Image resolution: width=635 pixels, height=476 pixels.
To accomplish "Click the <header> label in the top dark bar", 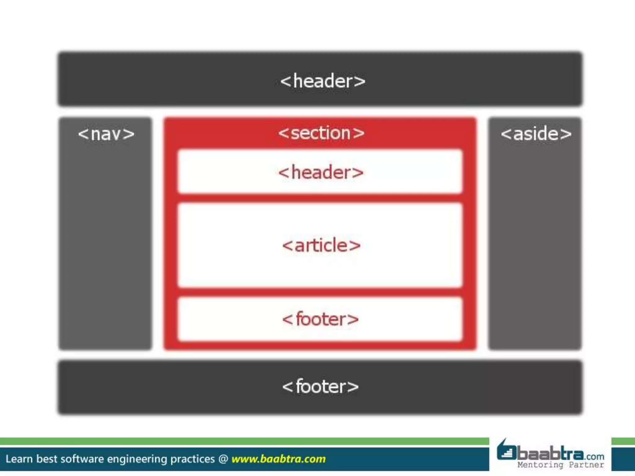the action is pos(323,81).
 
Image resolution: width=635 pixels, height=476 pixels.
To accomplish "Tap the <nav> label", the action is pos(106,134).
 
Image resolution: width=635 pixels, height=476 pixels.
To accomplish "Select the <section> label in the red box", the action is pos(321,133).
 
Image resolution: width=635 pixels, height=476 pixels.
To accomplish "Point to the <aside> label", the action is pos(536,134).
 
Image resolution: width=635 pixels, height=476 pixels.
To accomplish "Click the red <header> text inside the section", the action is pos(321,172).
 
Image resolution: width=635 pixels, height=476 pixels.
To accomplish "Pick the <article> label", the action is pos(322,245).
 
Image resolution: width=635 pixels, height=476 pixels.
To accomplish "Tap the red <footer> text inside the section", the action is pos(320,319).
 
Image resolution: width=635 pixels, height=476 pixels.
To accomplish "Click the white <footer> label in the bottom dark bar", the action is pos(320,387).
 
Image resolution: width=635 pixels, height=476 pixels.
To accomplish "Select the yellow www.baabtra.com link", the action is pos(278,459).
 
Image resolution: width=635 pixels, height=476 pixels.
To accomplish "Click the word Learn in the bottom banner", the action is pos(19,459).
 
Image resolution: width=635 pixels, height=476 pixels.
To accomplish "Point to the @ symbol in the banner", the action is pos(223,459).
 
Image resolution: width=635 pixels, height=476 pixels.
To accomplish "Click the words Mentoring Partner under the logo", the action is pos(561,465).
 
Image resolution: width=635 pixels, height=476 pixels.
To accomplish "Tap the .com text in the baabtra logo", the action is pos(595,456).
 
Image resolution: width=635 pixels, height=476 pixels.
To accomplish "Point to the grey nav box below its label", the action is pos(105,248).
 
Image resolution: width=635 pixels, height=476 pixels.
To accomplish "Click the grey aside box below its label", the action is pos(535,248).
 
